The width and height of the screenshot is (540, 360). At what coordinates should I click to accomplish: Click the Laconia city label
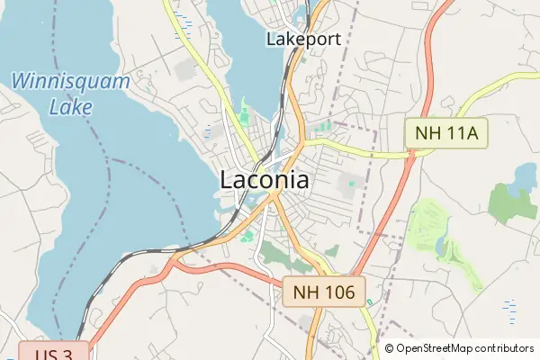(x=265, y=180)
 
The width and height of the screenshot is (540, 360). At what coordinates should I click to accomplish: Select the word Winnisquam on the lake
(x=71, y=82)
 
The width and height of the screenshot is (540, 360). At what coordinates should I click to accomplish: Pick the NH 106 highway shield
(x=324, y=291)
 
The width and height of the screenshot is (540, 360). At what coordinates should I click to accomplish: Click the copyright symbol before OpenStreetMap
(x=390, y=348)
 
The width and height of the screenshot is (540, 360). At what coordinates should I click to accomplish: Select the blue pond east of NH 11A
(x=521, y=188)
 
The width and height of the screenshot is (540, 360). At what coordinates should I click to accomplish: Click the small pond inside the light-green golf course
(x=441, y=246)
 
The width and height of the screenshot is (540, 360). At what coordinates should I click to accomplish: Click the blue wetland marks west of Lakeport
(x=185, y=20)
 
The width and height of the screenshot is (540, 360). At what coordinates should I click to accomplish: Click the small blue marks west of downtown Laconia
(x=209, y=133)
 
